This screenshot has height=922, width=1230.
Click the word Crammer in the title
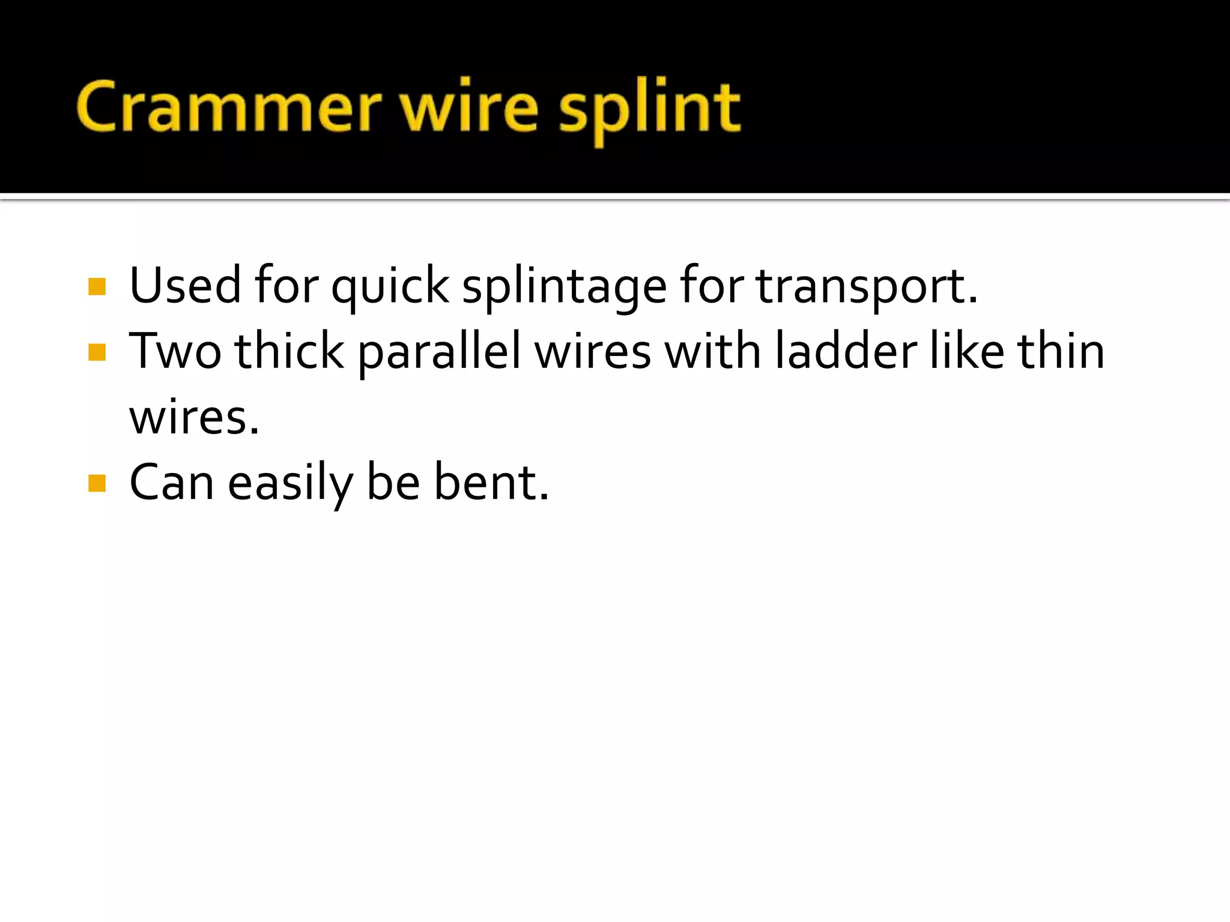(x=228, y=107)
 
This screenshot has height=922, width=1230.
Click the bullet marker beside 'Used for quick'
(x=97, y=286)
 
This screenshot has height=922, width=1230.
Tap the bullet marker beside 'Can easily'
(x=97, y=483)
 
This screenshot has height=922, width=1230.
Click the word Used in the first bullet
(x=185, y=285)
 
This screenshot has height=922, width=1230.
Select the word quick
(x=390, y=287)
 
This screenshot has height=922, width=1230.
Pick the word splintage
(x=564, y=287)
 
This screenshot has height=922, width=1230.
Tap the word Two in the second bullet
(x=175, y=351)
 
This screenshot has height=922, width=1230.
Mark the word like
(x=967, y=351)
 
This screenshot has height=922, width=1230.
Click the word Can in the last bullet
(x=172, y=483)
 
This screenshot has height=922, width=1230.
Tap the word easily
(x=291, y=484)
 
